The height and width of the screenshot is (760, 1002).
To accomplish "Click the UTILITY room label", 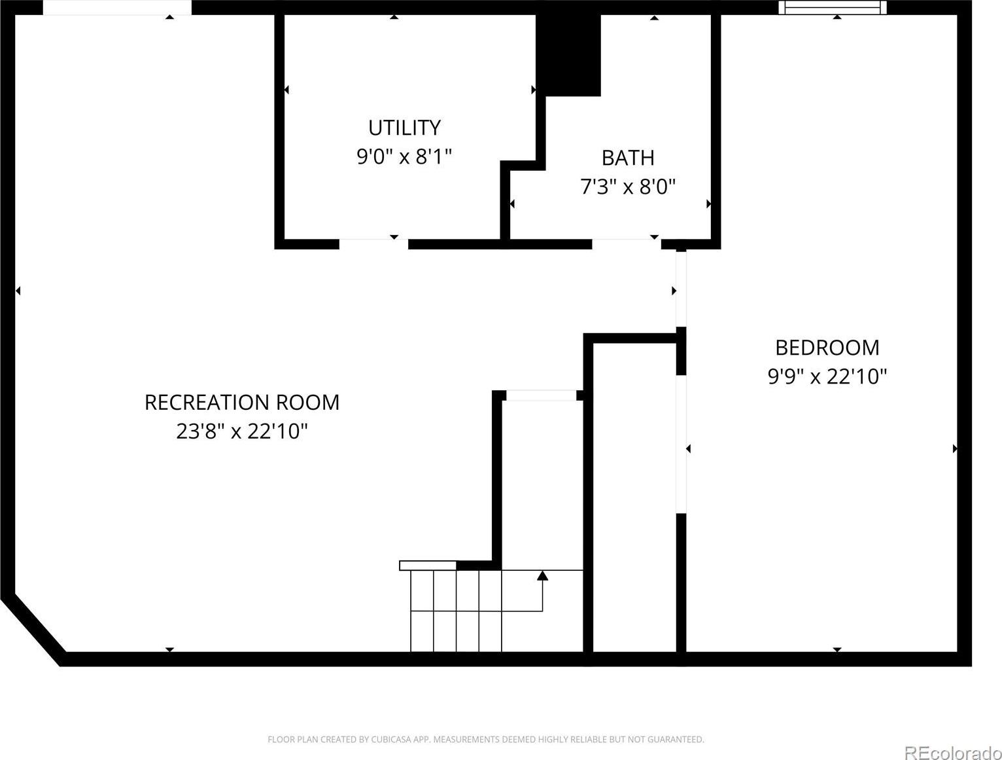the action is (x=404, y=128).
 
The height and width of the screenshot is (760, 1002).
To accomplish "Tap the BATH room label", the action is (x=628, y=158).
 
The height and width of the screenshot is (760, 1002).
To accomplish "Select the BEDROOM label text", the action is (x=827, y=348).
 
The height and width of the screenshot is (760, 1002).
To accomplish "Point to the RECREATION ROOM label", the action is (x=242, y=403).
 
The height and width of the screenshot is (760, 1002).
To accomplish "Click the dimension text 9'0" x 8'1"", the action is (x=404, y=156).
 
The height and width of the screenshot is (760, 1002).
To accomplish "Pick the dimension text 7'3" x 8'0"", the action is (x=628, y=187).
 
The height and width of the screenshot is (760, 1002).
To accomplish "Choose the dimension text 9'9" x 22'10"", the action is (x=827, y=377).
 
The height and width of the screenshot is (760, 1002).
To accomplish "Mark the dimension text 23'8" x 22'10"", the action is (x=242, y=431).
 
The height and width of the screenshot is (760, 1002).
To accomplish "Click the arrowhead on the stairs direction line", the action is (x=542, y=576).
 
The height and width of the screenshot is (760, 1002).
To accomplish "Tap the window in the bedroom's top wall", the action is (x=833, y=7).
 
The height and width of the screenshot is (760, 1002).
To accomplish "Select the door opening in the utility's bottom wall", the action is (x=373, y=244).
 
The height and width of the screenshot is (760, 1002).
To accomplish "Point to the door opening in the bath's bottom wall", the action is (x=627, y=244).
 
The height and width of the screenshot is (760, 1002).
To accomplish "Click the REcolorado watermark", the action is (x=953, y=752).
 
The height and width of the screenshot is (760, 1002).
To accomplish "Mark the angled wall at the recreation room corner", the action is (x=33, y=631).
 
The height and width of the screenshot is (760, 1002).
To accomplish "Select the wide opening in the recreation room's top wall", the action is (x=117, y=7).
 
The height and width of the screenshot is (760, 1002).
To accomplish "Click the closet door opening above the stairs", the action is (x=542, y=395).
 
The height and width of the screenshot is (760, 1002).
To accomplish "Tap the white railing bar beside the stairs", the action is (x=428, y=566).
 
